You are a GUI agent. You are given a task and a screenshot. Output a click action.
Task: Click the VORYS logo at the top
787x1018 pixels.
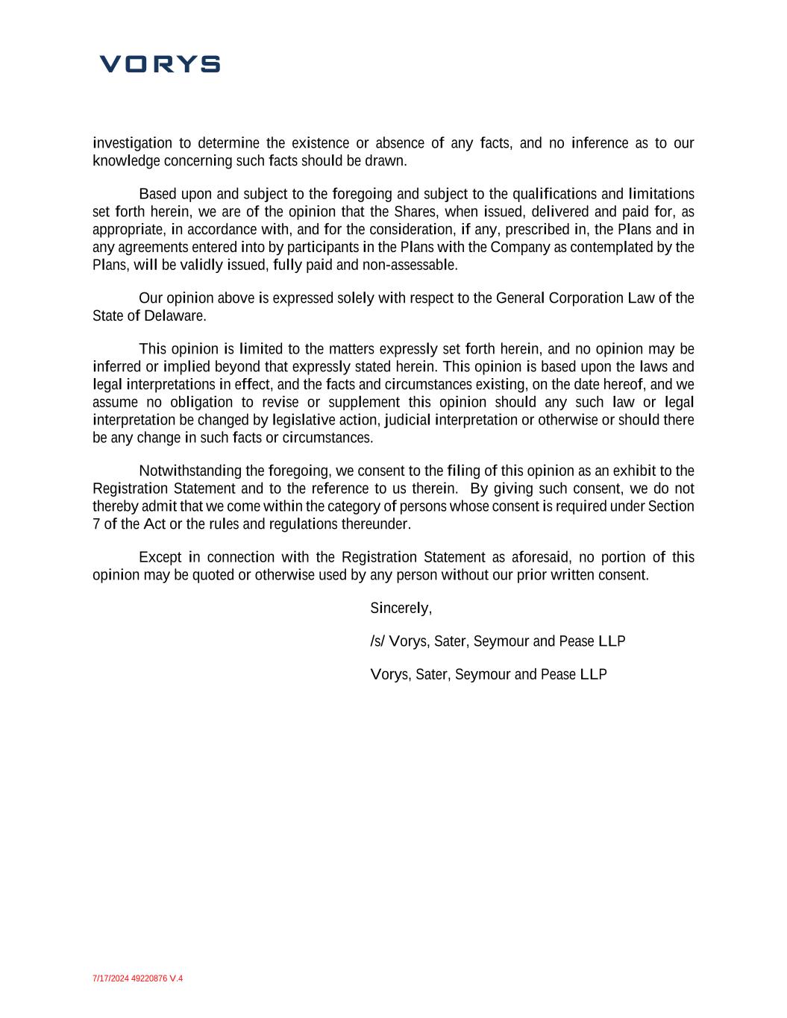pyautogui.click(x=160, y=64)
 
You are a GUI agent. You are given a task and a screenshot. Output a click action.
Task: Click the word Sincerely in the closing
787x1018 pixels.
pyautogui.click(x=400, y=609)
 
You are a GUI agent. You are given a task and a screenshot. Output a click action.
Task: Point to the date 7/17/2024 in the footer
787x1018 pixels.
pyautogui.click(x=110, y=978)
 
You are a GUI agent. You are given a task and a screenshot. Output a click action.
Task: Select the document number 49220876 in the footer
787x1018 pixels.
pyautogui.click(x=149, y=978)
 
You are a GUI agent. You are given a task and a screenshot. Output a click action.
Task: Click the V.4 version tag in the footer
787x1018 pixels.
pyautogui.click(x=176, y=978)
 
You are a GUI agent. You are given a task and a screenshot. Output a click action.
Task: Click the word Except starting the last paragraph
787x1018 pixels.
pyautogui.click(x=160, y=558)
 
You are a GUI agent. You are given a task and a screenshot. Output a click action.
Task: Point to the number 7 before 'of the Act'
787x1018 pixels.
pyautogui.click(x=96, y=524)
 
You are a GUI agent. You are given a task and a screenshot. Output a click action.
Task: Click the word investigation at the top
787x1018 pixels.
pyautogui.click(x=132, y=143)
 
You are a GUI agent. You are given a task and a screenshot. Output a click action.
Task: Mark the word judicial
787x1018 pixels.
pyautogui.click(x=409, y=420)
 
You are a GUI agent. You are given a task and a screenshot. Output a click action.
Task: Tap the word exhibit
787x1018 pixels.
pyautogui.click(x=634, y=471)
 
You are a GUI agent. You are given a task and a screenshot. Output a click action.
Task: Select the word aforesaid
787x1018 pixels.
pyautogui.click(x=542, y=558)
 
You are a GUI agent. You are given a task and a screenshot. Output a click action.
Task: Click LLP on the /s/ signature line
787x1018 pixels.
pyautogui.click(x=612, y=641)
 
